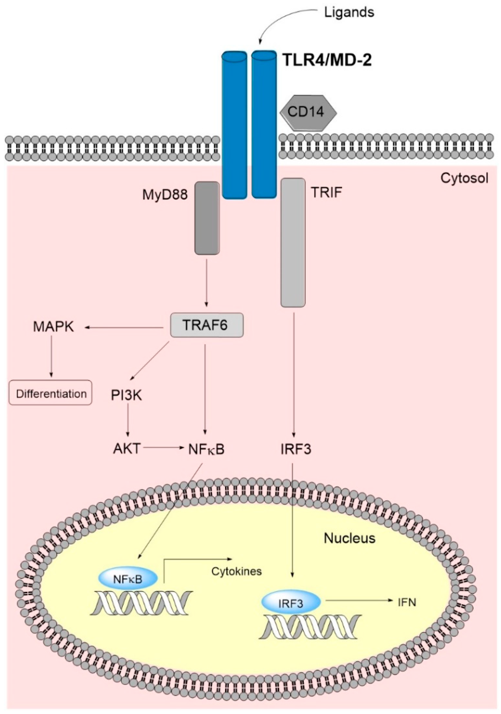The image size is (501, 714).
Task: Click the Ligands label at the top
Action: click(349, 13)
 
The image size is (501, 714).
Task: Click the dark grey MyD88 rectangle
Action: click(207, 218)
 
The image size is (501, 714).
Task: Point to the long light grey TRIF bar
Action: click(293, 242)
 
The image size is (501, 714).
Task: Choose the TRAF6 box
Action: click(207, 325)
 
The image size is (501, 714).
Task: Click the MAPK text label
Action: click(54, 327)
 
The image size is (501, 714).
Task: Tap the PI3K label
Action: click(127, 395)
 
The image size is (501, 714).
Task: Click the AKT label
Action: click(127, 449)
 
